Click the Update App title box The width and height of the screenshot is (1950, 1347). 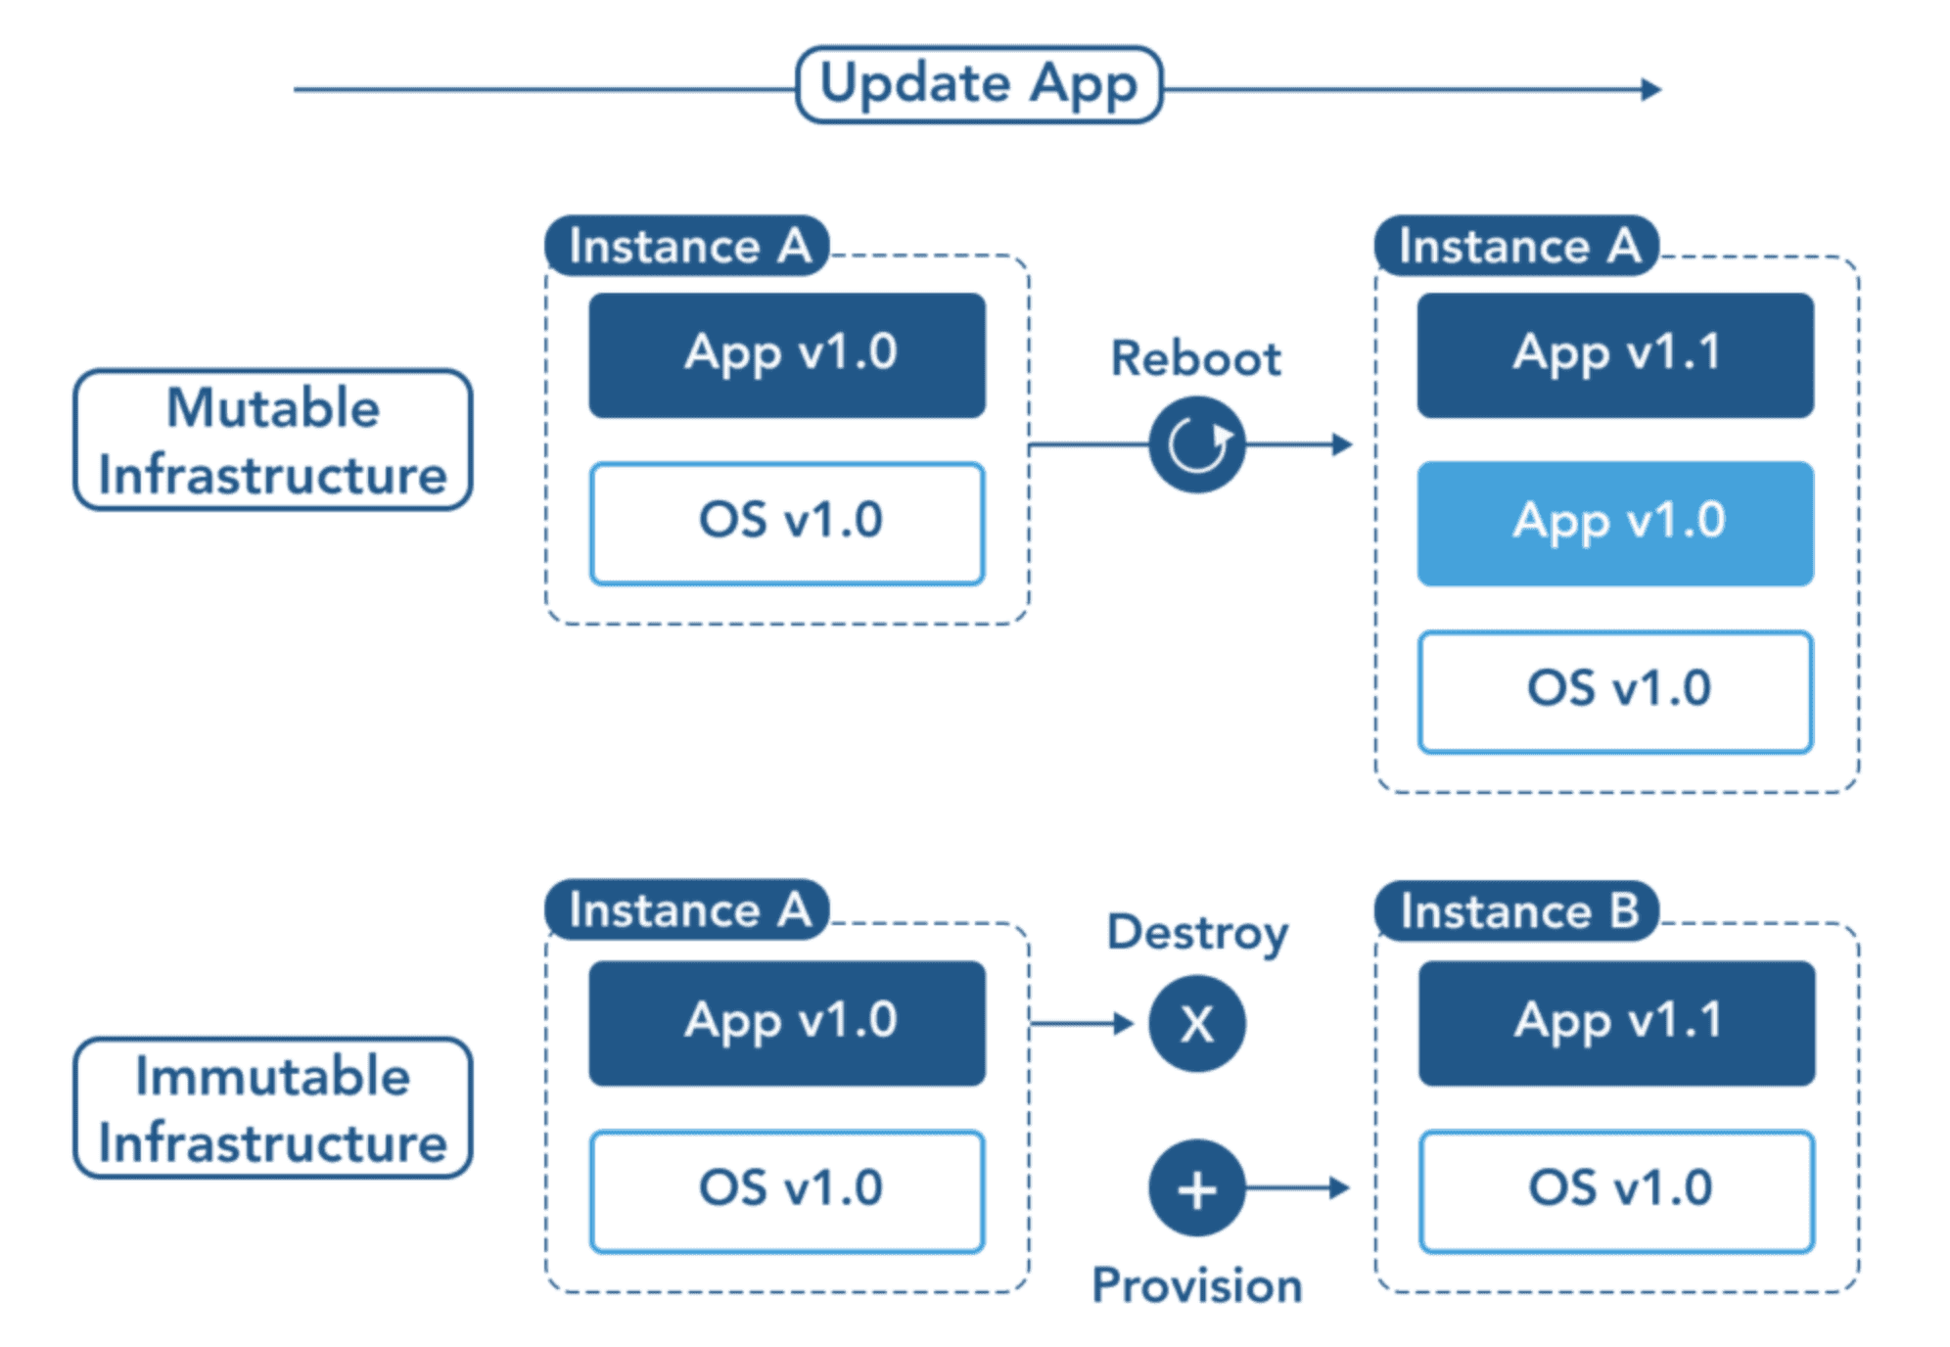coord(979,85)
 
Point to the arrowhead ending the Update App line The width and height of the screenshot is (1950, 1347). coord(1651,89)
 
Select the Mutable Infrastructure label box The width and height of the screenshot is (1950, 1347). coord(273,440)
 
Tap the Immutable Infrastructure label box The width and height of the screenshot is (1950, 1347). coord(273,1108)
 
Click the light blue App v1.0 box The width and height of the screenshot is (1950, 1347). coord(1615,524)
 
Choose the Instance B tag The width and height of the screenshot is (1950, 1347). coord(1517,911)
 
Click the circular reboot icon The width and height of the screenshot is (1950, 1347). coord(1197,444)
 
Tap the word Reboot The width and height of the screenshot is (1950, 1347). coord(1195,359)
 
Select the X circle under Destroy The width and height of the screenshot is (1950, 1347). coord(1197,1024)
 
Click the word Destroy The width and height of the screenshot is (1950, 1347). coord(1197,933)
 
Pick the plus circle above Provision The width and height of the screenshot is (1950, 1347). coord(1197,1188)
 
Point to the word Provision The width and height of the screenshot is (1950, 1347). coord(1197,1285)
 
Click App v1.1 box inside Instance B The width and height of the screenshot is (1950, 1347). coord(1617,1023)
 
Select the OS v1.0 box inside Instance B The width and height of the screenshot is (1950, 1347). coord(1617,1191)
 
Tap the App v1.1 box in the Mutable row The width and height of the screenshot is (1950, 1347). coord(1615,355)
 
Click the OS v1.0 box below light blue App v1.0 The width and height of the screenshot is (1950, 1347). coord(1615,692)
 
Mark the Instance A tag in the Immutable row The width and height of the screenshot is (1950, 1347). coord(687,910)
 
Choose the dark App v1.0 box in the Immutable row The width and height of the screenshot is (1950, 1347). coord(787,1023)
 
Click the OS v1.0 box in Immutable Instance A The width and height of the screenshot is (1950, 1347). coord(787,1191)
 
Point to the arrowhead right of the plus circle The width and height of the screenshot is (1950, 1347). coord(1340,1188)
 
